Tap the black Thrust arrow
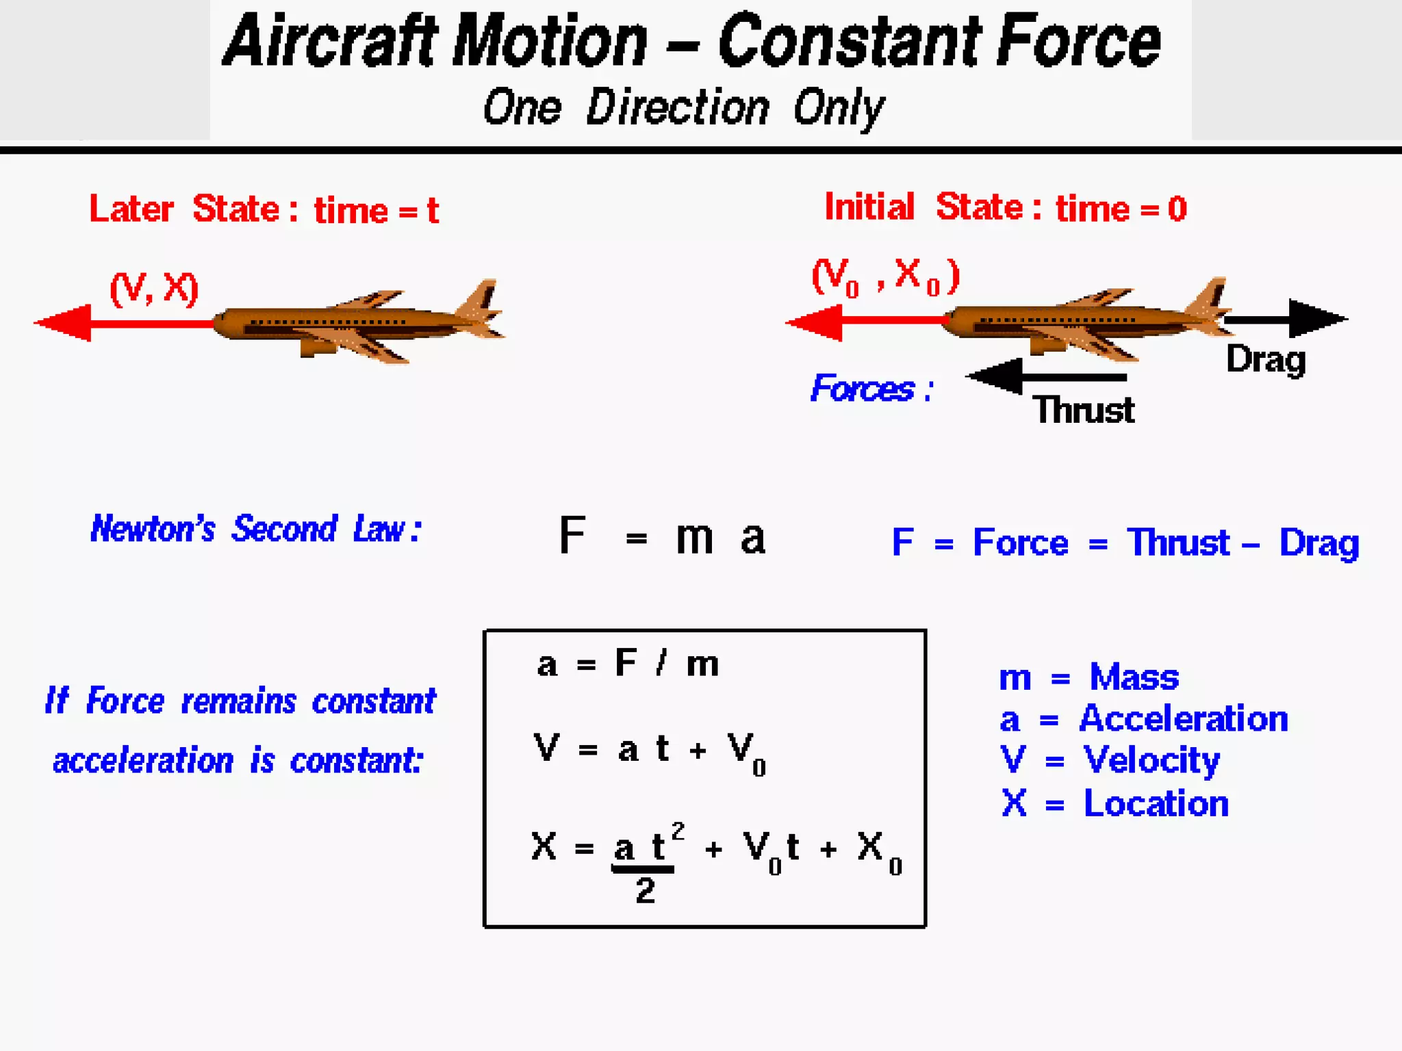(1047, 377)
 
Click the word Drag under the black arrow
(1266, 360)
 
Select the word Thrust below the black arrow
(1084, 411)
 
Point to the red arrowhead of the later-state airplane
(65, 323)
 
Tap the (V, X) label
(154, 288)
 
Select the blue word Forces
(863, 389)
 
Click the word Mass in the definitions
(1134, 677)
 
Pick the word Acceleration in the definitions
(1184, 719)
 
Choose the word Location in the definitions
(1156, 803)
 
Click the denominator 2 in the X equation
(645, 891)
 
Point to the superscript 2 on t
(678, 831)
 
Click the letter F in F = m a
(572, 536)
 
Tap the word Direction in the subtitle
(678, 107)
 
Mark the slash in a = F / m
(661, 664)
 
